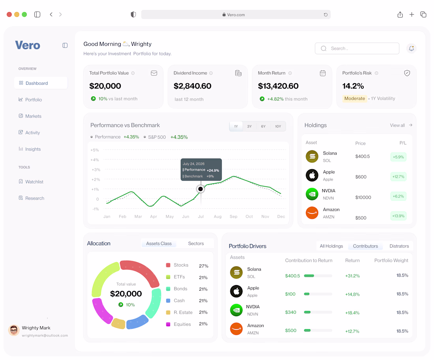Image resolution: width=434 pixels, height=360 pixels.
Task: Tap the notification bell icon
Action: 411,48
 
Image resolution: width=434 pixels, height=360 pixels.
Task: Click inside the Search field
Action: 357,48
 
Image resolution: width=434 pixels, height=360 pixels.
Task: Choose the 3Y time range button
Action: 249,127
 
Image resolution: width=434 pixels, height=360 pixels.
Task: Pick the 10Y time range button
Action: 278,127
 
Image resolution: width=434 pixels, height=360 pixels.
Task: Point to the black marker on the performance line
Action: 200,189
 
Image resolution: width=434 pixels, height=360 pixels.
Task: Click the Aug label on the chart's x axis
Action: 217,216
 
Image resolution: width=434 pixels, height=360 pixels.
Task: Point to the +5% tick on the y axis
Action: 95,150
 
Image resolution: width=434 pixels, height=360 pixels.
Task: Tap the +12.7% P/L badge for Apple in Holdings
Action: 398,177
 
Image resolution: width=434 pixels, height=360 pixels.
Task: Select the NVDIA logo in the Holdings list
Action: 312,194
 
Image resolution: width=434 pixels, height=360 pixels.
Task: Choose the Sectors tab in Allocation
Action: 196,244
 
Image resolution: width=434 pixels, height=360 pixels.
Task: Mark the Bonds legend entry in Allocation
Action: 177,289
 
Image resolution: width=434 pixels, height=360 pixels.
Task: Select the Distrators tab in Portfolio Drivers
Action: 399,246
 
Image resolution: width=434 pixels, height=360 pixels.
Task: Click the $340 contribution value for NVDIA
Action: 291,312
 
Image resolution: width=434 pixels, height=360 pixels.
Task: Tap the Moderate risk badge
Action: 355,99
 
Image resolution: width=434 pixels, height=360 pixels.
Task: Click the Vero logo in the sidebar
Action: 28,45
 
